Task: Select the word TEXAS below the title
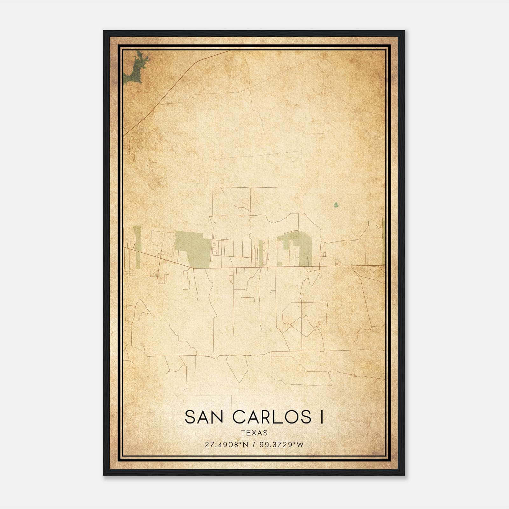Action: (254, 433)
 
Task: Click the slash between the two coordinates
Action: (254, 445)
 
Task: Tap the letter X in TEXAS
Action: (254, 433)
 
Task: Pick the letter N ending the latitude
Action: (245, 445)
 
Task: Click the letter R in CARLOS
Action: (268, 417)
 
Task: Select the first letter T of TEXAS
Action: (243, 433)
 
